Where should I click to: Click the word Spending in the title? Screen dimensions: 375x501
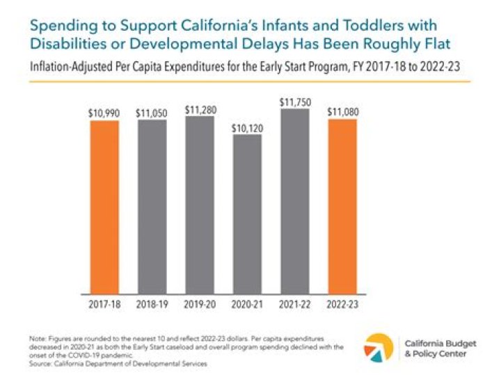click(x=62, y=25)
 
